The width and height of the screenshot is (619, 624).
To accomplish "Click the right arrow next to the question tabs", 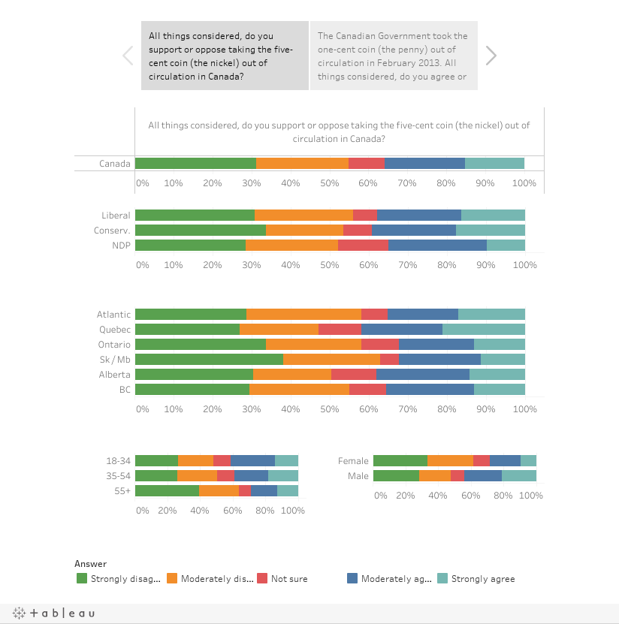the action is [491, 56].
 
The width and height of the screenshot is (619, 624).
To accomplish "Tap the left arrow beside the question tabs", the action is [128, 56].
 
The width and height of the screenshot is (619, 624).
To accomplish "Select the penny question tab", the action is [394, 56].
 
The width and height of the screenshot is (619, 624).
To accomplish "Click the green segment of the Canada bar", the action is [195, 163].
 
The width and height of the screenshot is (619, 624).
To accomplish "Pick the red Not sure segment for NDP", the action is [363, 245].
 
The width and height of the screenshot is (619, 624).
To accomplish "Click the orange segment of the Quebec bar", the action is [279, 329].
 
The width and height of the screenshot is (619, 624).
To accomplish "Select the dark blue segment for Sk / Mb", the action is [440, 360].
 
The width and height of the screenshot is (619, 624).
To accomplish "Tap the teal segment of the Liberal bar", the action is [494, 215].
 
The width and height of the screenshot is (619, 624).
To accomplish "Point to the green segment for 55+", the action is [168, 490].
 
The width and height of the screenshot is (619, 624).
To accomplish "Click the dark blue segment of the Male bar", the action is [483, 475].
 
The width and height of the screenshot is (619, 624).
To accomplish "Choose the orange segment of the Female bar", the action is [450, 460].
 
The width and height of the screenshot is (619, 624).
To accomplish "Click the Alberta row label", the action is [115, 375].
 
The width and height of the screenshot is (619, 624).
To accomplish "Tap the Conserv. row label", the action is [112, 231].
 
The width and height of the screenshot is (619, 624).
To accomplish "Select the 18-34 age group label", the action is [118, 461].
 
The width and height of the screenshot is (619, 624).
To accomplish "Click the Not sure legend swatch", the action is [262, 578].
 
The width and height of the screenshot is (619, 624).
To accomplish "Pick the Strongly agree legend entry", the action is [476, 579].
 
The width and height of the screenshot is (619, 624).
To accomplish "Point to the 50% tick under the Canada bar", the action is [330, 183].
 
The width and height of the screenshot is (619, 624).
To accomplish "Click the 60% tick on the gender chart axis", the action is [470, 496].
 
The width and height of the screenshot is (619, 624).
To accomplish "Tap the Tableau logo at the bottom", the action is [54, 613].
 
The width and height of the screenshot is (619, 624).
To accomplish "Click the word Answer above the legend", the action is [90, 563].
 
